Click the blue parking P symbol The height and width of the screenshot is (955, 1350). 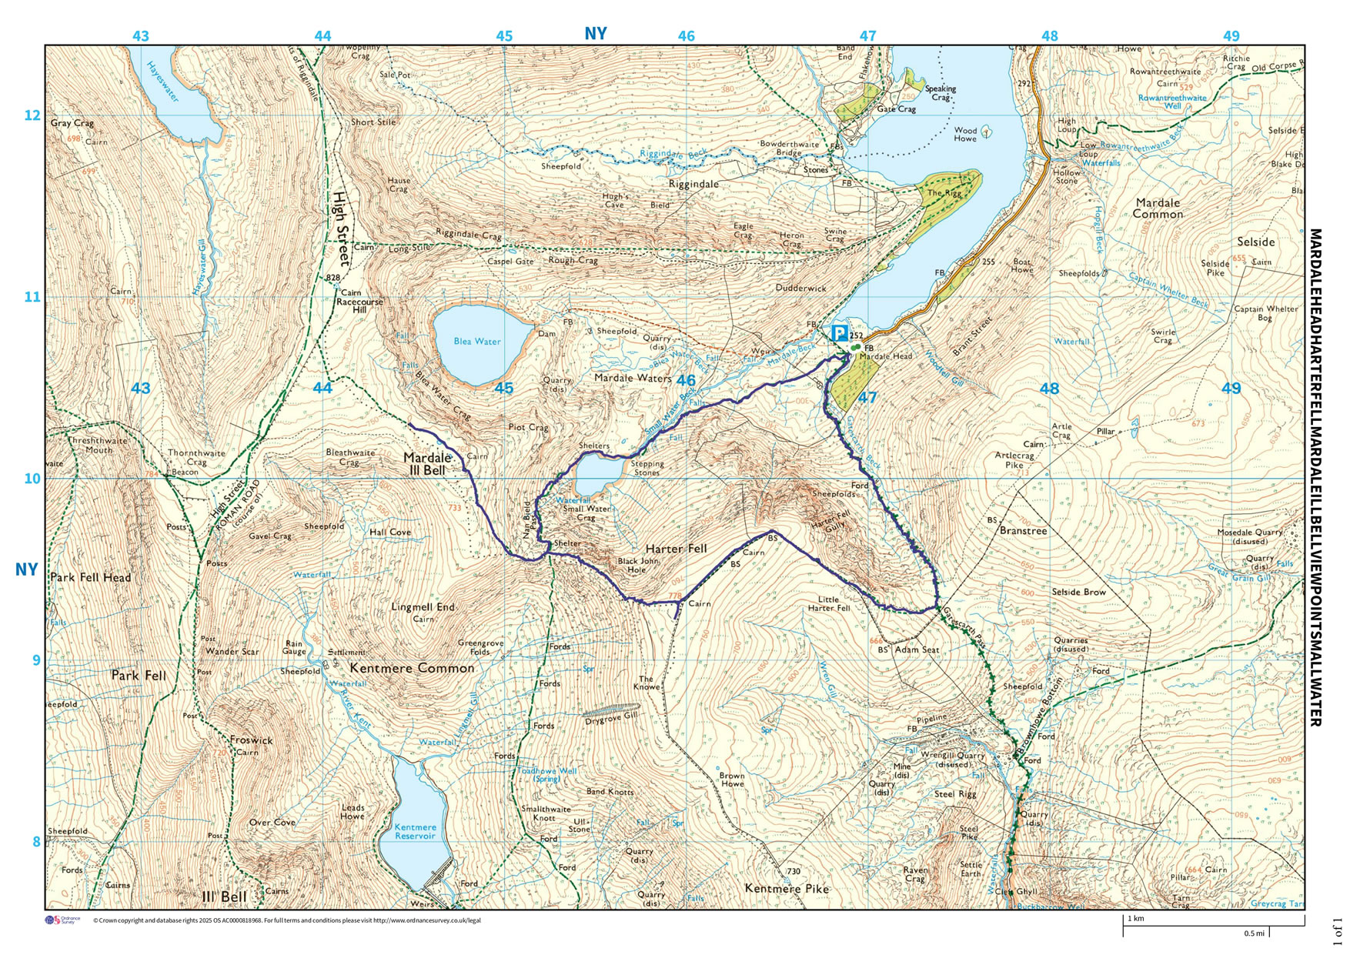[x=839, y=334]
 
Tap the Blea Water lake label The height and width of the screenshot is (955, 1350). [x=477, y=342]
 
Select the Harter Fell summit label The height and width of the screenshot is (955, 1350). [x=676, y=549]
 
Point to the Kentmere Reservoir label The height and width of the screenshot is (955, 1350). [x=415, y=832]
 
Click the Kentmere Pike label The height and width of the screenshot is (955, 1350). [x=787, y=889]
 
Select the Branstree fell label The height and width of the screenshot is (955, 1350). [x=1023, y=531]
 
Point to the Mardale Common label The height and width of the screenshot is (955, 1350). [x=1158, y=208]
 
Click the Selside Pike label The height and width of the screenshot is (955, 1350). [x=1215, y=268]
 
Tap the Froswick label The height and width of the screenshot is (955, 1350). [x=251, y=740]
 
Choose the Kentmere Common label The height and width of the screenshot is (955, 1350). [x=412, y=668]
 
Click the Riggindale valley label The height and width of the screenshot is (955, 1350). [x=693, y=184]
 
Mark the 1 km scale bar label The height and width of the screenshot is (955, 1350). [x=1136, y=919]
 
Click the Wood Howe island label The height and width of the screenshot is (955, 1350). [x=965, y=135]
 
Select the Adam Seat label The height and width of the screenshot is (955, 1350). [x=917, y=649]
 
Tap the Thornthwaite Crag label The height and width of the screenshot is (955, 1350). [x=196, y=458]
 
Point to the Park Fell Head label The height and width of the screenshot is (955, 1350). [x=90, y=578]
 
